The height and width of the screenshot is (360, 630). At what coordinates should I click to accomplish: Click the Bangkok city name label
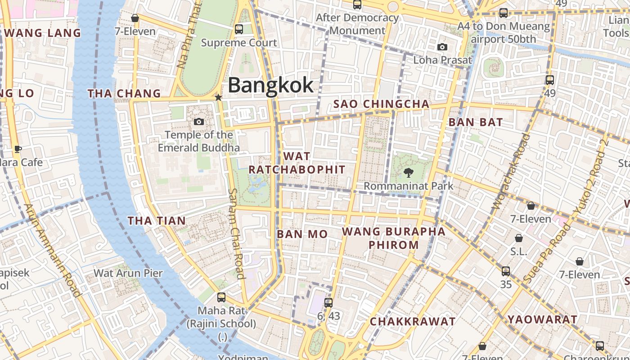(x=270, y=85)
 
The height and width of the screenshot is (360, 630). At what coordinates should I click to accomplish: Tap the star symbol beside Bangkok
(x=218, y=97)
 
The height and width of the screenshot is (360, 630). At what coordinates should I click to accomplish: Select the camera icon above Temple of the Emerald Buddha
(x=198, y=121)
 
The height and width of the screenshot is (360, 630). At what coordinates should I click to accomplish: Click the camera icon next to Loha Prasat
(x=442, y=47)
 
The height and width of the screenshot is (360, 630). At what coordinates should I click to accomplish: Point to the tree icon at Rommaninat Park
(x=409, y=172)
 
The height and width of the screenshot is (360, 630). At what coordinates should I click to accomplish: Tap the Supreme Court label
(x=238, y=43)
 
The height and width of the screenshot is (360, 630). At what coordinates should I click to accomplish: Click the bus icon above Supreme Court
(x=239, y=29)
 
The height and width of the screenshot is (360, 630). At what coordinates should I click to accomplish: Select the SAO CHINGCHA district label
(x=381, y=104)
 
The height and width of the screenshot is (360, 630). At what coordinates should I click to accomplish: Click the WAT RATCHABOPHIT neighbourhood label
(x=297, y=163)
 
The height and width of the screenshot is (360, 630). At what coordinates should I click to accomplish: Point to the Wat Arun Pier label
(x=128, y=273)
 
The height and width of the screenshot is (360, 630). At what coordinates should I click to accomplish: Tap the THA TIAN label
(x=157, y=220)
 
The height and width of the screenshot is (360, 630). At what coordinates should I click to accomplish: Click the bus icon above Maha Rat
(x=221, y=297)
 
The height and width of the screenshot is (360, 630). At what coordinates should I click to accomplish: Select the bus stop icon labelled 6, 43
(x=328, y=303)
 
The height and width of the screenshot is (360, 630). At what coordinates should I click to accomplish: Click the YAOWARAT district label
(x=542, y=319)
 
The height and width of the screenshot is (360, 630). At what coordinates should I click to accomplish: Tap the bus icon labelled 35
(x=506, y=271)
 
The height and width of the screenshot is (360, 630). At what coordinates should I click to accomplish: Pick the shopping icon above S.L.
(x=519, y=238)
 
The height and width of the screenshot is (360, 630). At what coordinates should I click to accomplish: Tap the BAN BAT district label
(x=476, y=122)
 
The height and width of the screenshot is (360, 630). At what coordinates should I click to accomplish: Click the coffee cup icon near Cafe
(x=18, y=149)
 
